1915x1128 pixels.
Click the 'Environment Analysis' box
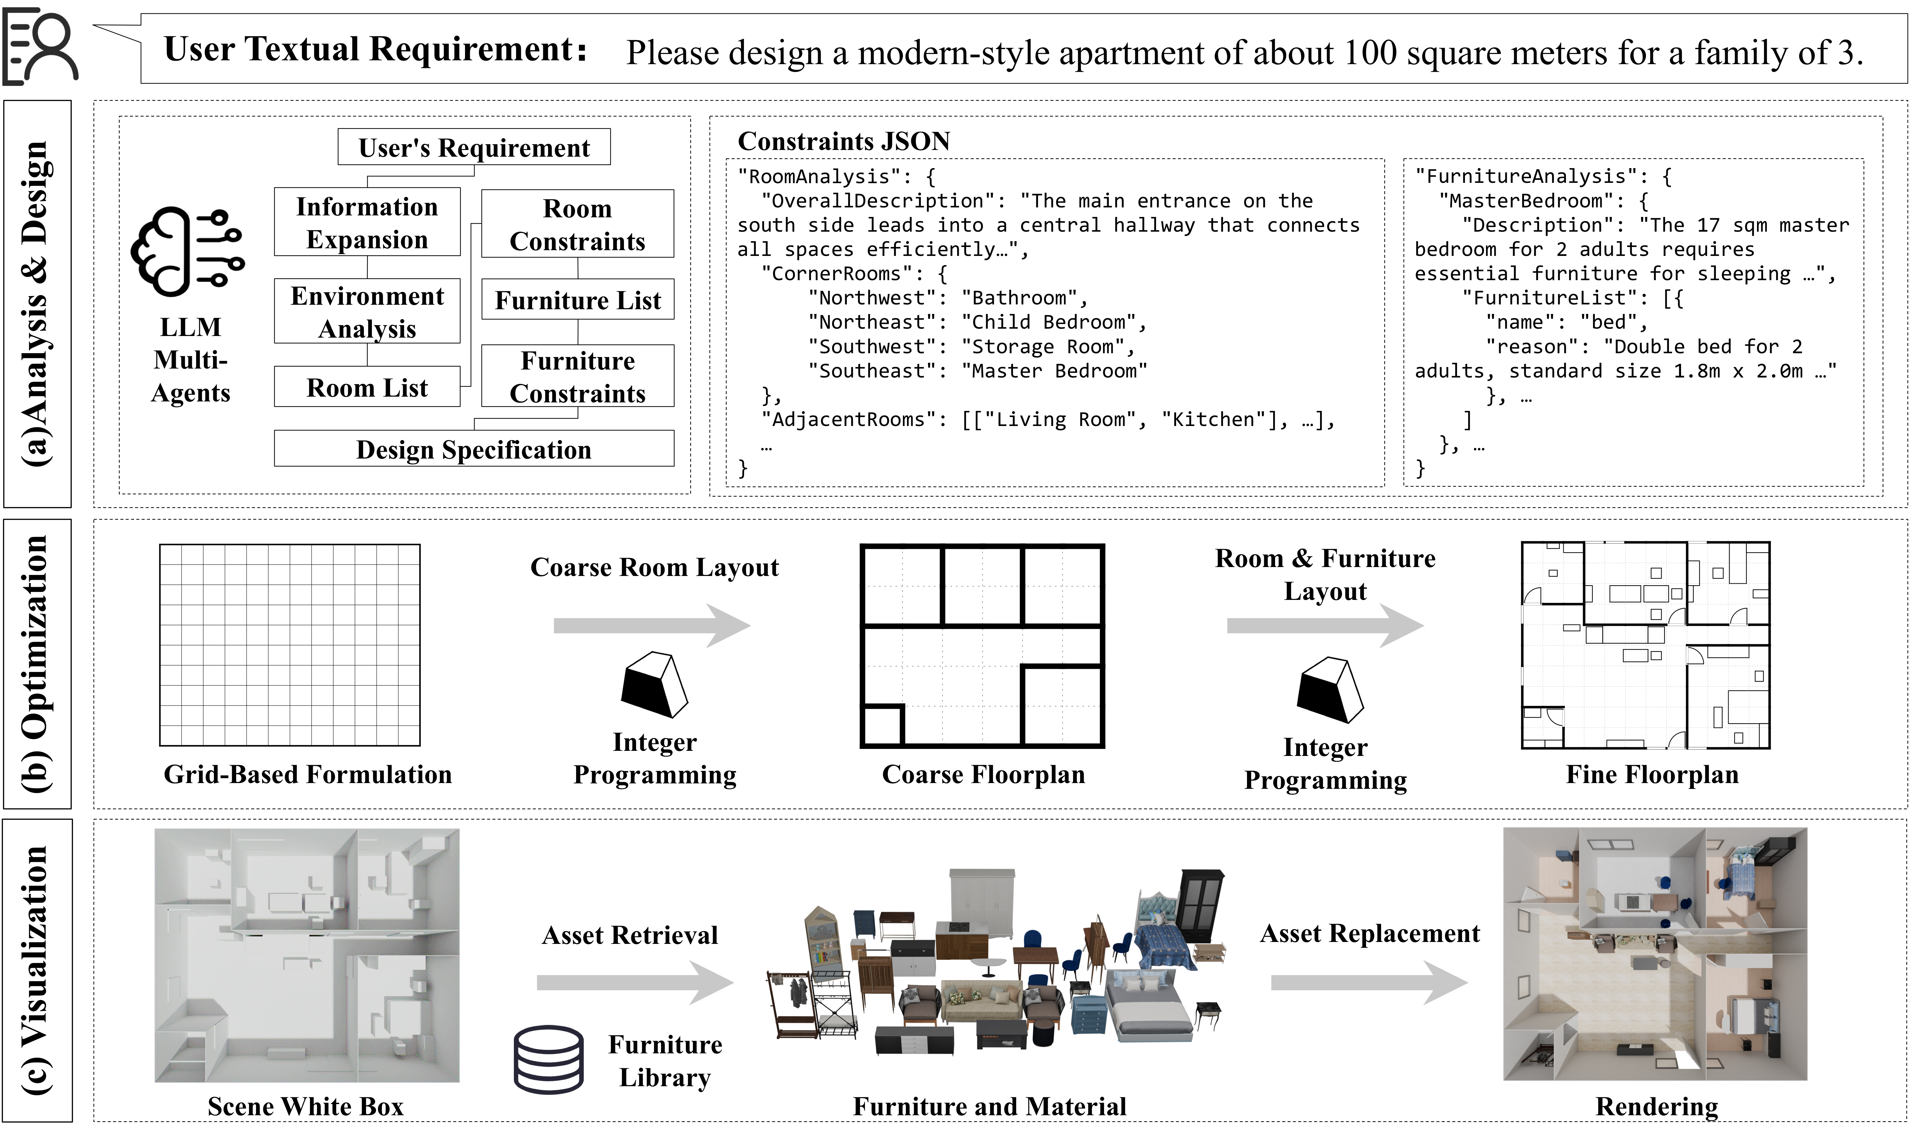[x=367, y=312]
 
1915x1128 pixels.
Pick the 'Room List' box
[x=367, y=388]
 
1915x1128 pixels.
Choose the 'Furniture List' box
[x=578, y=300]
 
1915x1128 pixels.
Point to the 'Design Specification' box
[x=474, y=449]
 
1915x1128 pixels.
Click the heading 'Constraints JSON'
[x=844, y=141]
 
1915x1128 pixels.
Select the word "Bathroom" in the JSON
[x=1019, y=298]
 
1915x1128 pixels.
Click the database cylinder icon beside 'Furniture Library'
[x=549, y=1060]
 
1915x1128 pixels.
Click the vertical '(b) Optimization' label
[x=36, y=664]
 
